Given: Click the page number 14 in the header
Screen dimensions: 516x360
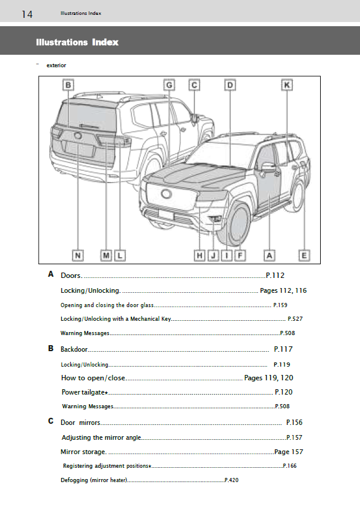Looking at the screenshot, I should click(27, 14).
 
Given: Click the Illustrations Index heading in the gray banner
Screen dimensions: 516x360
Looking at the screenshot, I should click(77, 42).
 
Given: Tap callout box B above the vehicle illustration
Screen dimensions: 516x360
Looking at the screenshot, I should click(69, 85).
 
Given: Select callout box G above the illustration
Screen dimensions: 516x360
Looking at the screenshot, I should click(169, 85).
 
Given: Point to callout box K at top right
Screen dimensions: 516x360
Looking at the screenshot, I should click(287, 85).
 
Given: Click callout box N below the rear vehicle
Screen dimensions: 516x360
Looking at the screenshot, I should click(77, 255).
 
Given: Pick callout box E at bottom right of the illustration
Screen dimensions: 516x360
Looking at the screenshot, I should click(304, 255).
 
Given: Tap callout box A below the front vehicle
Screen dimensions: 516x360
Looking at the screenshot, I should click(270, 255).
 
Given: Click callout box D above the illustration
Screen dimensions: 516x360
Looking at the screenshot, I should click(230, 85).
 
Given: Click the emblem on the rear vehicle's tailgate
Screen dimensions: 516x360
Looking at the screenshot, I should click(78, 136).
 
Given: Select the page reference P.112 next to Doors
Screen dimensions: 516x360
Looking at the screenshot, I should click(276, 275).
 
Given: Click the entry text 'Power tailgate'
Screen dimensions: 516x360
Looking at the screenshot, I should click(83, 392).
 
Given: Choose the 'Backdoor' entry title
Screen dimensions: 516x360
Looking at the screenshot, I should click(74, 349).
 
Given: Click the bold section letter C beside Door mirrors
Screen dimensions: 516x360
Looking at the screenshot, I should click(51, 421).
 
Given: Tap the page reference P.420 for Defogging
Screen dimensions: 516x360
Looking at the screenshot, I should click(231, 480).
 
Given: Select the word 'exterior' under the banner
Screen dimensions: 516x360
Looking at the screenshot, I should click(56, 65).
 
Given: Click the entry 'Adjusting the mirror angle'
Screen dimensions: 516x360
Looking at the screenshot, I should click(101, 437).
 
